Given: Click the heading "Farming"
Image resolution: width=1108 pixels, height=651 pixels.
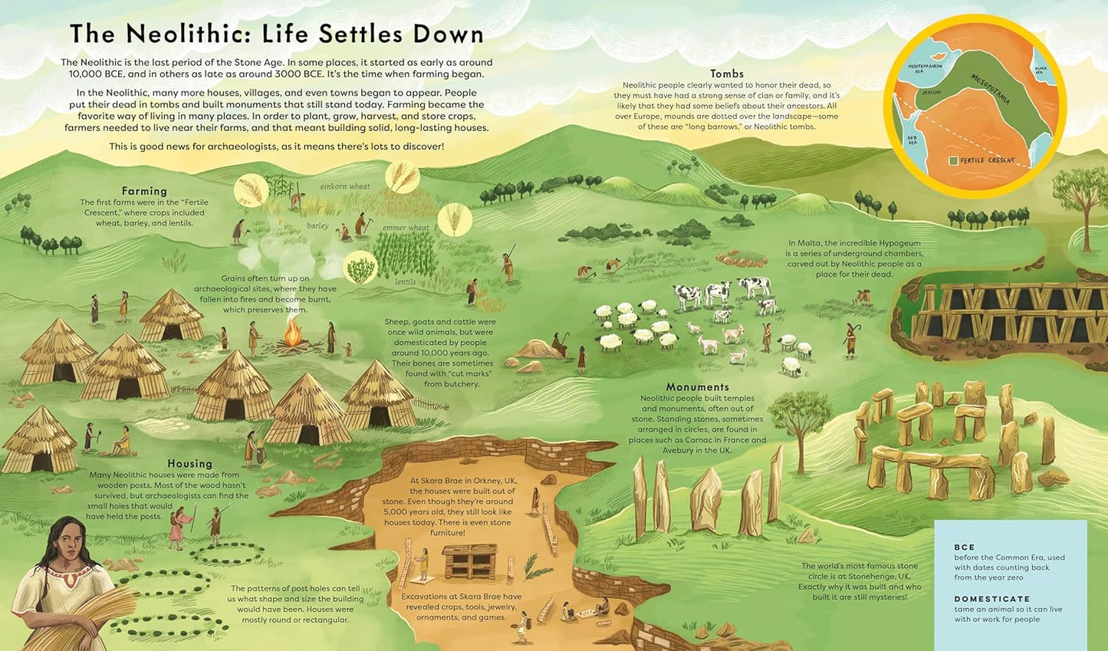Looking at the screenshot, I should pos(144,191).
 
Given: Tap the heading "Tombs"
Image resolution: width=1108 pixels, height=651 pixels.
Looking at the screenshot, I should pos(726,74).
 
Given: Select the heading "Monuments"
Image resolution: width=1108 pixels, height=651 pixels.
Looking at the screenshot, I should pos(697,387).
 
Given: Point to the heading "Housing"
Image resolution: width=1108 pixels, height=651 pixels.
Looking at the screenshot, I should pos(189,463).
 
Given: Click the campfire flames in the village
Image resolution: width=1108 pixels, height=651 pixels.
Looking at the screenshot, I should pos(292,334).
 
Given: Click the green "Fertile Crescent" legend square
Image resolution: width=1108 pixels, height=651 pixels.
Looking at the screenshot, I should pos(952,161).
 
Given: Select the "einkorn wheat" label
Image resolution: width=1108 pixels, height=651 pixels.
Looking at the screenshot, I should pos(344,186).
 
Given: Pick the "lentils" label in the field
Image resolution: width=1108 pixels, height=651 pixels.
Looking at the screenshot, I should pos(406,281).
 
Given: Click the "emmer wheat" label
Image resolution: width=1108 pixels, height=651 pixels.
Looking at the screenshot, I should pos(406,228).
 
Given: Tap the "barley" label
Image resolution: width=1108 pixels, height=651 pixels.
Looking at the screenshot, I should pos(317,226).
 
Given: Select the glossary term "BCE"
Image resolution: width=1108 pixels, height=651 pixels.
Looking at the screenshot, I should pos(964,547).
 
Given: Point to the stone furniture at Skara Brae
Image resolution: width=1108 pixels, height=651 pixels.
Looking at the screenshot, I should pos(469,562).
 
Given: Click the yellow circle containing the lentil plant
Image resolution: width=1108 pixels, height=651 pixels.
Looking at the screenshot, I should pos(360,268).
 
